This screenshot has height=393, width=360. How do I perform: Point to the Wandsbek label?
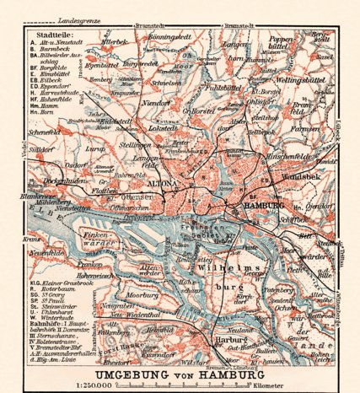point(304,180)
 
